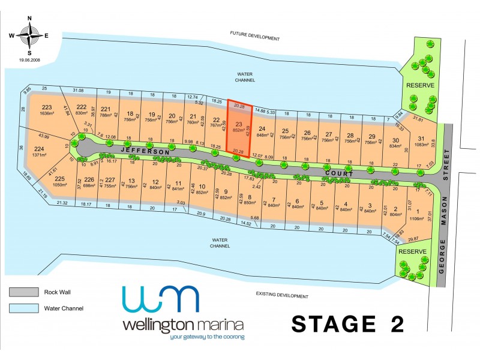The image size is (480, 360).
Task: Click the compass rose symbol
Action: tap(29, 35)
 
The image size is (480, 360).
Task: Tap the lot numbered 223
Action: tap(47, 111)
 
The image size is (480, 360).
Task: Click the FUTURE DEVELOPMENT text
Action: tap(255, 38)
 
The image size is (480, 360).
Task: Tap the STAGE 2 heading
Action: tap(347, 324)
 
